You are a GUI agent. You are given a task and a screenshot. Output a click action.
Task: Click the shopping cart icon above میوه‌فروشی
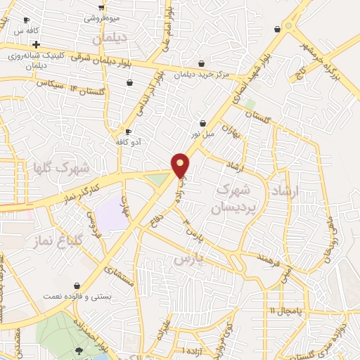coord(101,6)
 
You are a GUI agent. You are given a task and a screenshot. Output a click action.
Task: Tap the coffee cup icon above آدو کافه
coord(128,131)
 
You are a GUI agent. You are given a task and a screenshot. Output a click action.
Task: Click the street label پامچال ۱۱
coord(283,310)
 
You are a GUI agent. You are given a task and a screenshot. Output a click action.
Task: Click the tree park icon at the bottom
coord(79,350)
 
